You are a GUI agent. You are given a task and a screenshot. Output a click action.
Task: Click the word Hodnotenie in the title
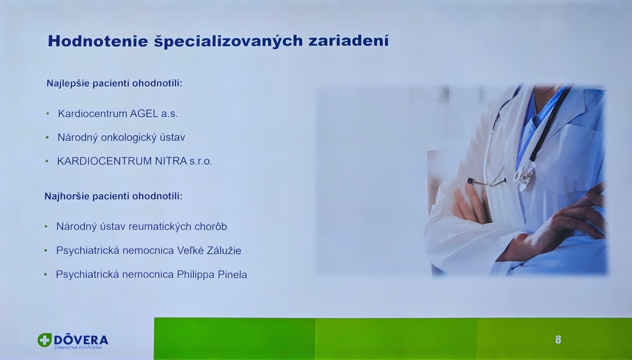[x=98, y=41]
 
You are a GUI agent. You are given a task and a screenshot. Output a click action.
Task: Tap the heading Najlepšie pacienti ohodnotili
[x=114, y=83]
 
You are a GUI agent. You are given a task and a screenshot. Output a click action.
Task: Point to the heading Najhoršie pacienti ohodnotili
[x=113, y=196]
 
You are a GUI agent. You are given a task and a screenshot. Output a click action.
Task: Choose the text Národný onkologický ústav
[x=121, y=138]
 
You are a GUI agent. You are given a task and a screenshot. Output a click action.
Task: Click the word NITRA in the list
[x=171, y=161]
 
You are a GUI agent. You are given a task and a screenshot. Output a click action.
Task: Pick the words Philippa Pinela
[x=212, y=275]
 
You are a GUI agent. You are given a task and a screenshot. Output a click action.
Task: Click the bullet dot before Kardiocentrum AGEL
[x=48, y=114]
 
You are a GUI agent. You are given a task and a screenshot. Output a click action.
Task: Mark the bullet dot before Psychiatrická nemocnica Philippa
[x=46, y=275]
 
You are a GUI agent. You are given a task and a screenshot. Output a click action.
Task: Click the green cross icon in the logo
[x=44, y=340]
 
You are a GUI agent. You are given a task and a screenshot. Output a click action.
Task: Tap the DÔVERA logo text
[x=81, y=340]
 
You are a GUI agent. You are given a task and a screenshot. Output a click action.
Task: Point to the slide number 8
[x=558, y=340]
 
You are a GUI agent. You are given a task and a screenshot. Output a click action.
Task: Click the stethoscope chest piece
[x=524, y=175]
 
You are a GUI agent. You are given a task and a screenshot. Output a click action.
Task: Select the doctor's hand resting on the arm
[x=573, y=215]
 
